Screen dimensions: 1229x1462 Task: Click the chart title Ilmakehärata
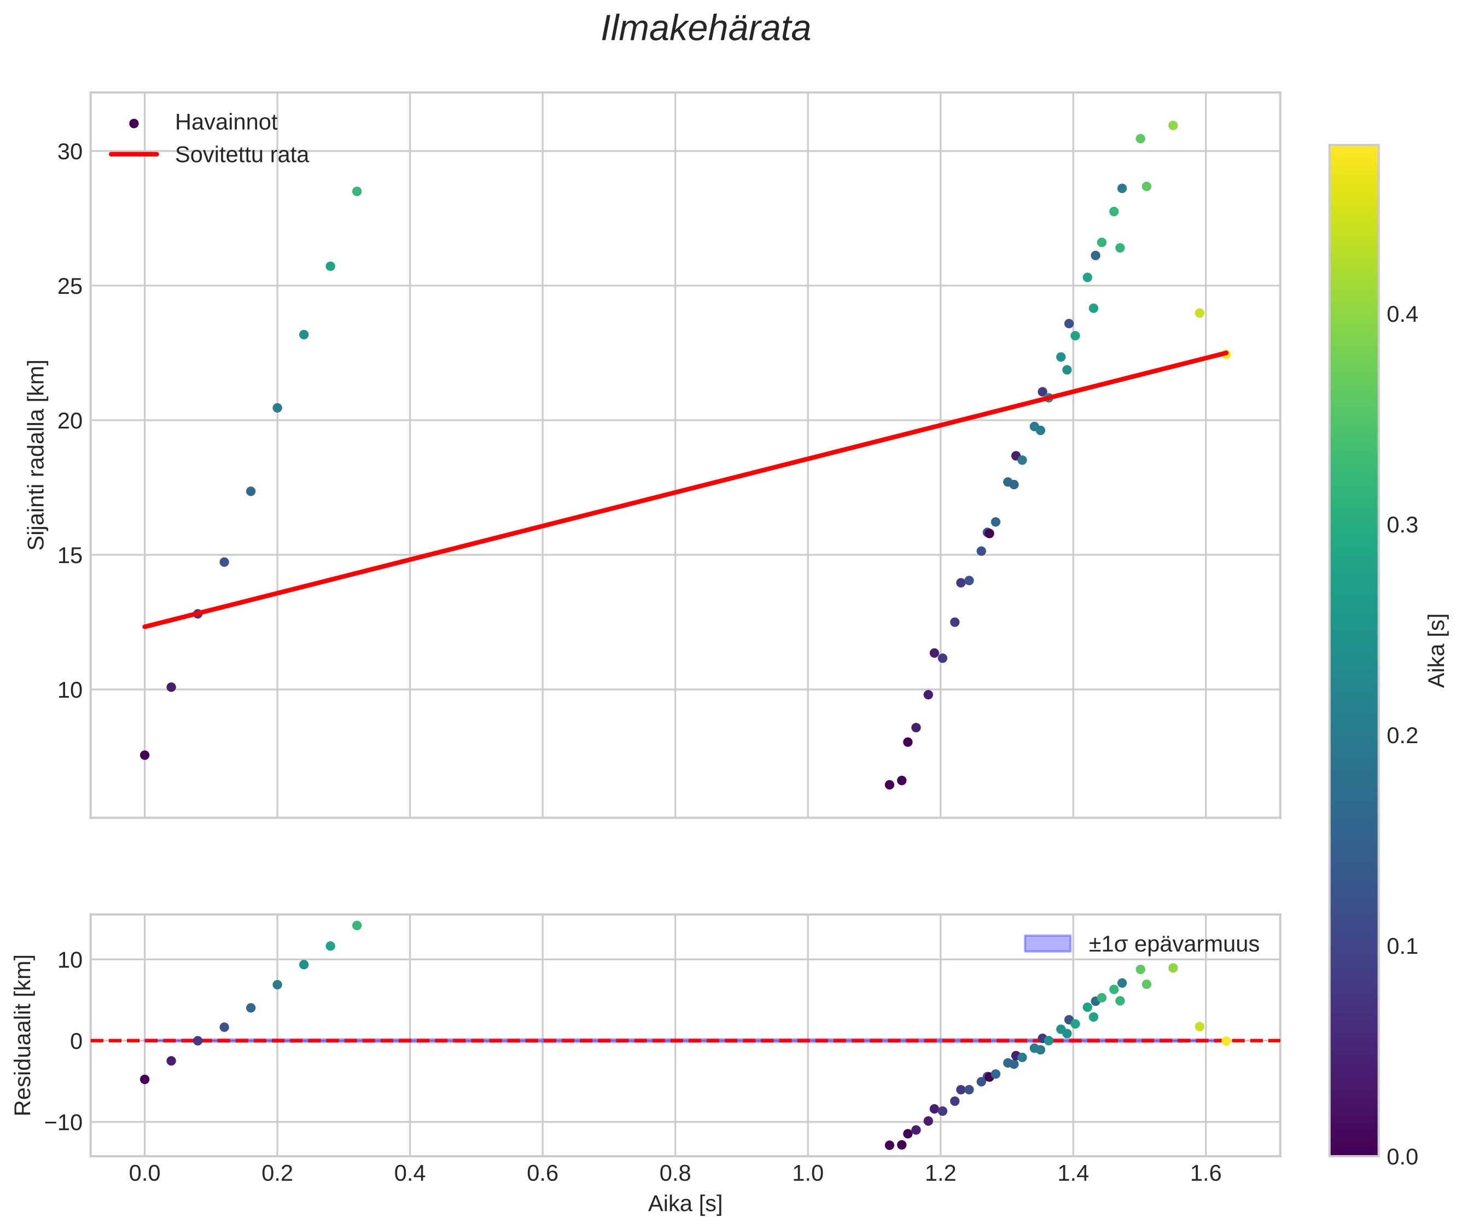(x=706, y=29)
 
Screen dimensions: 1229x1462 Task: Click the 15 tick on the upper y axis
(x=69, y=555)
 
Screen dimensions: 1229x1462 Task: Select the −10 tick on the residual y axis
(x=63, y=1122)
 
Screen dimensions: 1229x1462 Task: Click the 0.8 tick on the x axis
(x=675, y=1174)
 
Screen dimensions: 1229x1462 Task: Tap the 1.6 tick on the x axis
(x=1205, y=1174)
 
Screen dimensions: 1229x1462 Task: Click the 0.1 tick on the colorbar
(x=1401, y=946)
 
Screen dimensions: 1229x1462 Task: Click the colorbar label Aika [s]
(x=1437, y=650)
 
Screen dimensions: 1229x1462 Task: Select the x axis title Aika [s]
(x=685, y=1204)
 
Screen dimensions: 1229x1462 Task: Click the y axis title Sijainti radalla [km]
(x=36, y=454)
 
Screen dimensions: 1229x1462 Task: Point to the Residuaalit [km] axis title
(x=23, y=1035)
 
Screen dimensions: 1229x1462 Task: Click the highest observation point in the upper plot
(x=1173, y=125)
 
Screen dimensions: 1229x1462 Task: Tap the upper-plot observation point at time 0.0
(x=145, y=755)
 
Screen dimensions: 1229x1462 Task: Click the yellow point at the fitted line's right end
(x=1226, y=355)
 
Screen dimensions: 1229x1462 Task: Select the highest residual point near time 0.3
(x=357, y=925)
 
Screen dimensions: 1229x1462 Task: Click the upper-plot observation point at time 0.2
(x=277, y=408)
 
